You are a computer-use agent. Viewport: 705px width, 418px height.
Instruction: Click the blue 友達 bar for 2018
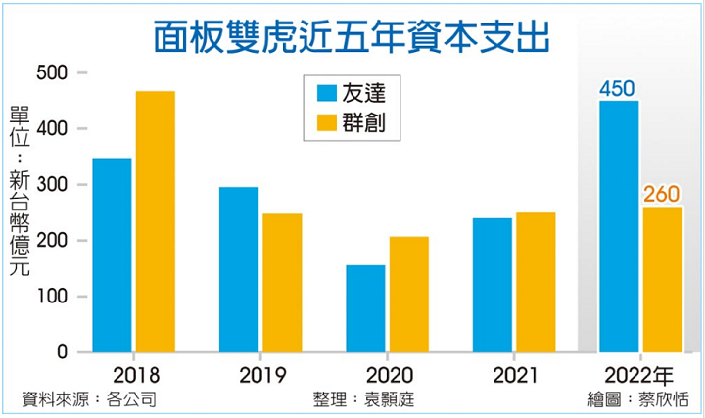(112, 255)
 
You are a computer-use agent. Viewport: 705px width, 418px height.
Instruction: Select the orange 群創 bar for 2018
(156, 221)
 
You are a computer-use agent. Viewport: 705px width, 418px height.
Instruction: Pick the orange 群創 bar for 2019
(282, 283)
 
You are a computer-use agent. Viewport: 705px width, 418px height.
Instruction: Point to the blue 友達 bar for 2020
(365, 308)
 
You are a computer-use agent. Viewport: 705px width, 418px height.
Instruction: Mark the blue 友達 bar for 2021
(492, 285)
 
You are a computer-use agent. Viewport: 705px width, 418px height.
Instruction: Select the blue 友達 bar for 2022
(619, 226)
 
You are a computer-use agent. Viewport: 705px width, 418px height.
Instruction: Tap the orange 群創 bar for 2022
(662, 279)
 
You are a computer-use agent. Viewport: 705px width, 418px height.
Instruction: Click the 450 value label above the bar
(619, 89)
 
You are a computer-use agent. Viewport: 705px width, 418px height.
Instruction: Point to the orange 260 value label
(662, 195)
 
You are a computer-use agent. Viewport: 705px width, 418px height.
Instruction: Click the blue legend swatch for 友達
(327, 94)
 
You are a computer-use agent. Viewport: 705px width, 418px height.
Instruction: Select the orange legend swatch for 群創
(327, 123)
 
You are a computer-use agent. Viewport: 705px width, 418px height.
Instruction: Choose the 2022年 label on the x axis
(638, 375)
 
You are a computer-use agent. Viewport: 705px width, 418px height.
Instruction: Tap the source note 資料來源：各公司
(89, 399)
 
